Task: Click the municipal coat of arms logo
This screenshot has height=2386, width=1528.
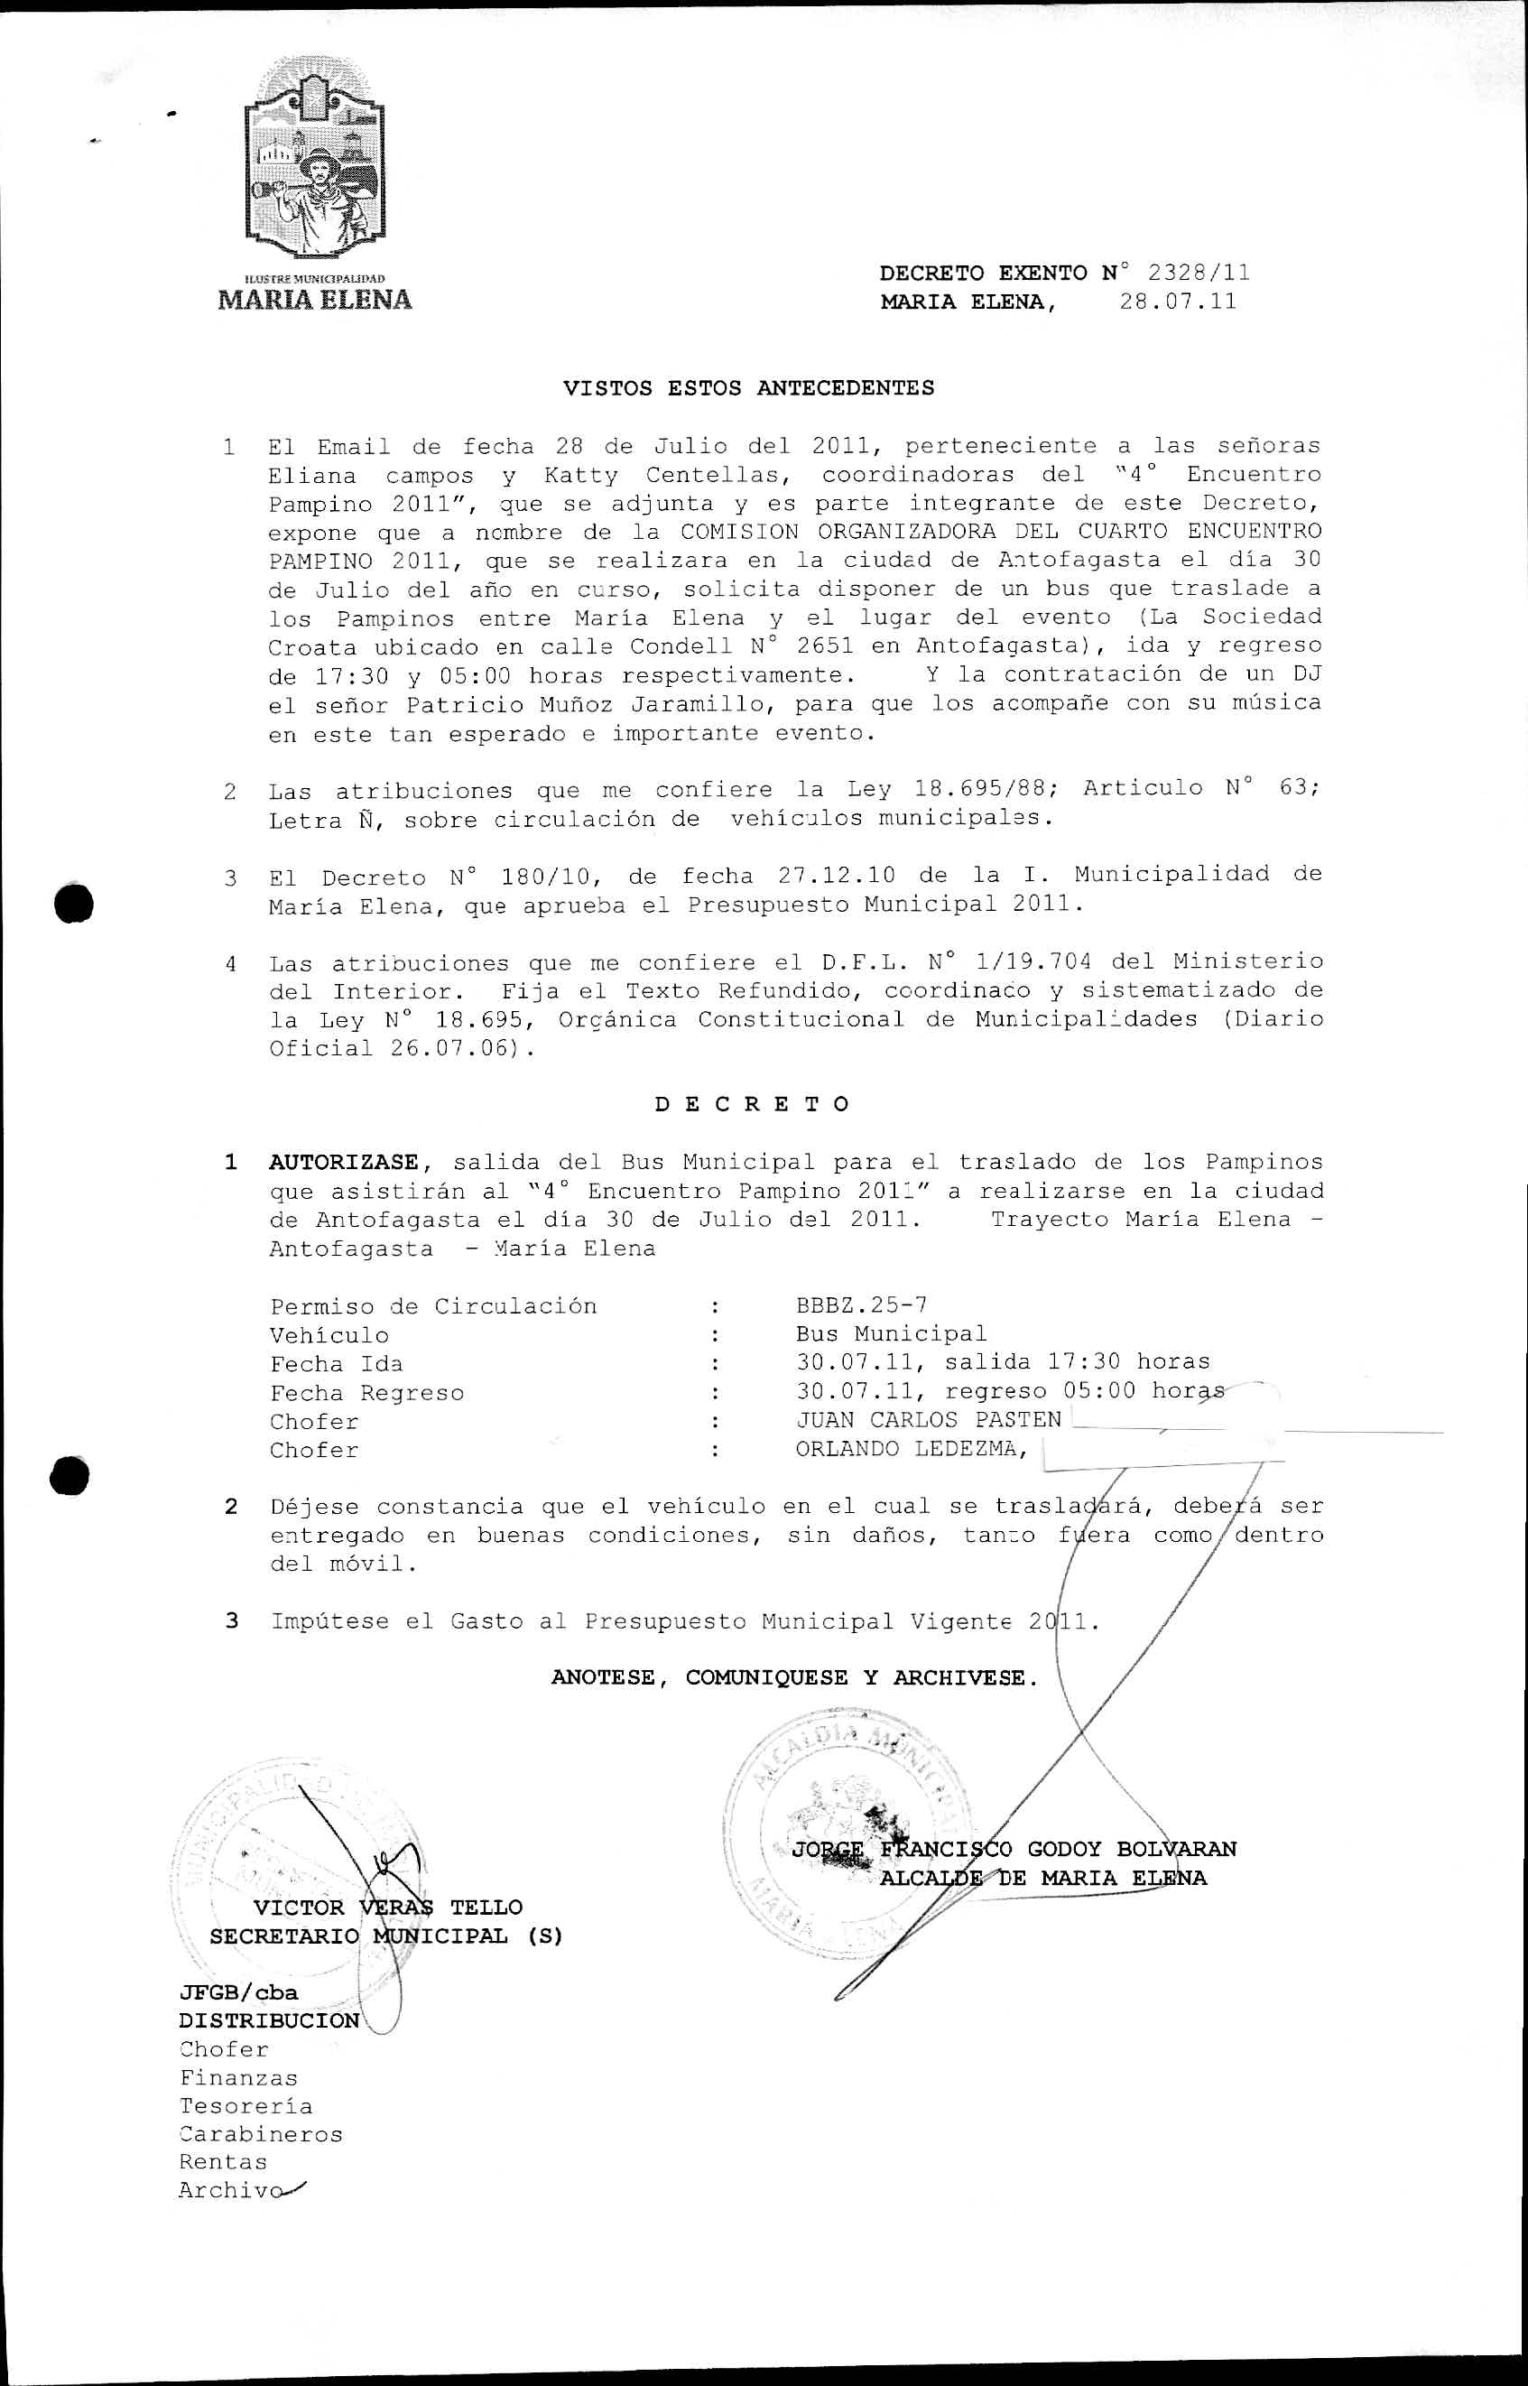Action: click(313, 159)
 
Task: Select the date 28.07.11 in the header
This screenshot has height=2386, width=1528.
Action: click(1178, 302)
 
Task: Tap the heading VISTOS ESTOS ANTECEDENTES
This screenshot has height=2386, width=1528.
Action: click(748, 388)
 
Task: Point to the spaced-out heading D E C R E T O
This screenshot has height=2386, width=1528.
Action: click(752, 1104)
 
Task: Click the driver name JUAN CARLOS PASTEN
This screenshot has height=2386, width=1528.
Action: click(929, 1420)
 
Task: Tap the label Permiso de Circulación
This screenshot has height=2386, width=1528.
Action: click(432, 1306)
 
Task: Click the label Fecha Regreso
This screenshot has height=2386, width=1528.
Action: click(366, 1392)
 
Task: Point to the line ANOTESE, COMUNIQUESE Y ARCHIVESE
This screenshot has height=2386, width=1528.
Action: click(793, 1677)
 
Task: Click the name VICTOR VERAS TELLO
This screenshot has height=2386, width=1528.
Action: click(387, 1907)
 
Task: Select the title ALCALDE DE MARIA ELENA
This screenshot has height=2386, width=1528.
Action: click(1042, 1878)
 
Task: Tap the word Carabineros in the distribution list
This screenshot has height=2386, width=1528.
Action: click(261, 2134)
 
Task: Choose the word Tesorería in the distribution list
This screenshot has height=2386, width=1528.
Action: click(245, 2106)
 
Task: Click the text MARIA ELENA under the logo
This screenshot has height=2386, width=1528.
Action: click(314, 300)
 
